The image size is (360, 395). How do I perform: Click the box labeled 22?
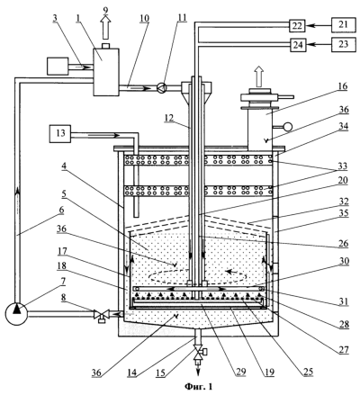pos(297,26)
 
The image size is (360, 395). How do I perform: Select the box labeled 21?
pos(344,25)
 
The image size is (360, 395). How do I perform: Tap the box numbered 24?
pos(298,45)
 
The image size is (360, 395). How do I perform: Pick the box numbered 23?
pos(344,44)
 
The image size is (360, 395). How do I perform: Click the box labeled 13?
pos(60,132)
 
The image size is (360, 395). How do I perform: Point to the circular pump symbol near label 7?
pos(17,313)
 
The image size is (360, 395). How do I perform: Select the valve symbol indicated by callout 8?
pos(102,316)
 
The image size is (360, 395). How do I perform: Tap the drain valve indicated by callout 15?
pos(198,354)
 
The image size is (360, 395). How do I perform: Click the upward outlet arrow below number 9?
pos(105,27)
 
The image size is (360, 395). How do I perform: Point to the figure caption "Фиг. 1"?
pos(198,387)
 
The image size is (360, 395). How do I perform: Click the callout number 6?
pos(61,210)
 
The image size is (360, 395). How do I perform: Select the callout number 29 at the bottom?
pos(240,372)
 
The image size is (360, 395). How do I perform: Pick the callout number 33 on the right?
pos(343,166)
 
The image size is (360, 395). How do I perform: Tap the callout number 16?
pos(343,86)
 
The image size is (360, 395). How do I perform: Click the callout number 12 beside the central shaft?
pos(169,118)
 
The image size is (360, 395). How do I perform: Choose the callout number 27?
pos(344,349)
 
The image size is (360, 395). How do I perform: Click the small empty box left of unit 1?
pos(58,67)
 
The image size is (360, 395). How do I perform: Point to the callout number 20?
pos(343,180)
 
